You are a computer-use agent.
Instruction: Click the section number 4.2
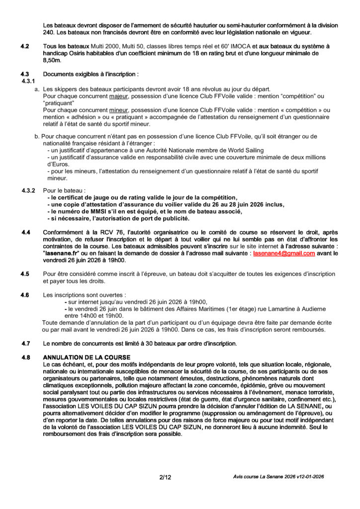[x=25, y=46]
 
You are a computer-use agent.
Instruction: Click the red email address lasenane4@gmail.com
[x=284, y=253]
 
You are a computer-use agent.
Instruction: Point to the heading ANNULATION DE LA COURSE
[x=87, y=357]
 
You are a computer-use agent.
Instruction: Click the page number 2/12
[x=165, y=477]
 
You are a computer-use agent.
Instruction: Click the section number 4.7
[x=25, y=343]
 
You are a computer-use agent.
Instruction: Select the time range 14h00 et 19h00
[x=101, y=315]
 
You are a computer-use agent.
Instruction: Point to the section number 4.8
[x=25, y=357]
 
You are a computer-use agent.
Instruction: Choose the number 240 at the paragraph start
[x=49, y=32]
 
